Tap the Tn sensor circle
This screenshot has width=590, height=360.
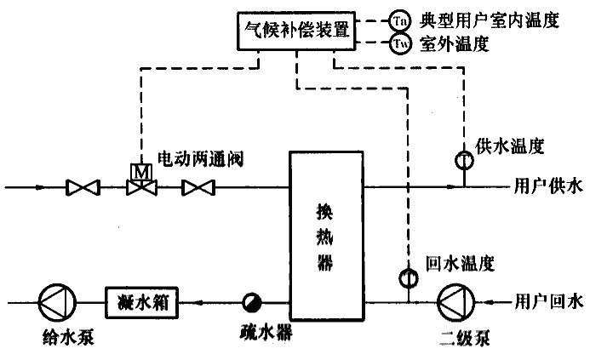pyautogui.click(x=399, y=19)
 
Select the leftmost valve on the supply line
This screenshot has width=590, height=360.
pyautogui.click(x=83, y=186)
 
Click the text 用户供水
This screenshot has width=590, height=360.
pyautogui.click(x=550, y=186)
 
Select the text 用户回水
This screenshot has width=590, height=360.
pyautogui.click(x=550, y=302)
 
